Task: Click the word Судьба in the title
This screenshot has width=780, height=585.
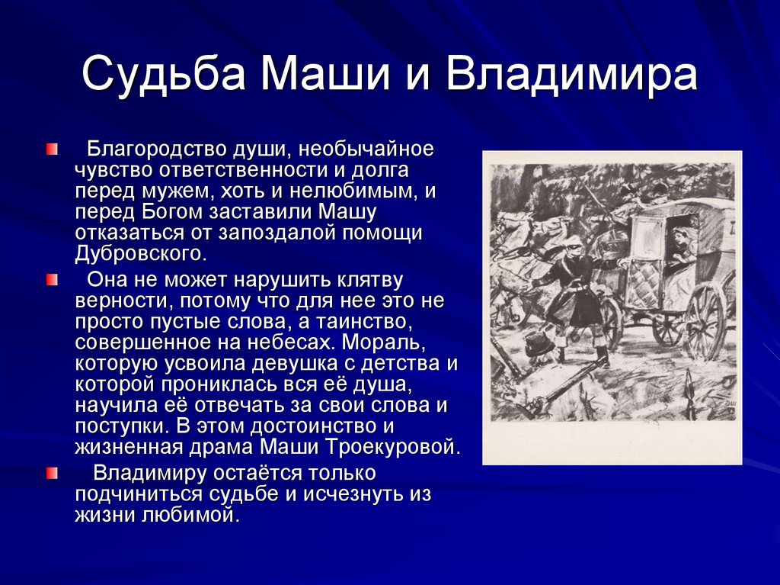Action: click(x=164, y=75)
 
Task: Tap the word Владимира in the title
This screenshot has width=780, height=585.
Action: click(x=571, y=75)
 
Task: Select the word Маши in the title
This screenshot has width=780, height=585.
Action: click(x=325, y=75)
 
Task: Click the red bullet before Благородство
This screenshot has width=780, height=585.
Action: click(x=52, y=149)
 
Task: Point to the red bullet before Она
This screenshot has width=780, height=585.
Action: click(x=52, y=280)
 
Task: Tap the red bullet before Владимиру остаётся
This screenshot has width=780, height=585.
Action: click(x=52, y=473)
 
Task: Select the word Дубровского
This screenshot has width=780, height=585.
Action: click(x=140, y=254)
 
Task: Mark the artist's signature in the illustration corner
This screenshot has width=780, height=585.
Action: click(x=727, y=404)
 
